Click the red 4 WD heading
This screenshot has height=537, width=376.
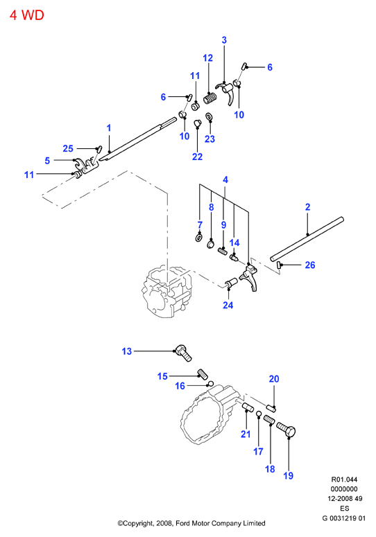(27, 15)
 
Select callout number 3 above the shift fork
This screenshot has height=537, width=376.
(224, 40)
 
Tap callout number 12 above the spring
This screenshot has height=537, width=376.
(207, 58)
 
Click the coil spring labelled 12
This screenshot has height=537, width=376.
(210, 98)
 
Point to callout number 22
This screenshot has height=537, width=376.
(197, 157)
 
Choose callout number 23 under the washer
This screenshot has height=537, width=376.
(210, 139)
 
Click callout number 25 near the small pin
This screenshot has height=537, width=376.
(68, 148)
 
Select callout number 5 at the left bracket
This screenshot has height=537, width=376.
(47, 161)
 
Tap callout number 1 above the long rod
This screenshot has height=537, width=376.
(109, 128)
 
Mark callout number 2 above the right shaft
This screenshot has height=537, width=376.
(307, 207)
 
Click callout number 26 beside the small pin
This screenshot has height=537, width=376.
(310, 265)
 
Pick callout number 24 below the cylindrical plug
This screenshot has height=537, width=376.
(228, 305)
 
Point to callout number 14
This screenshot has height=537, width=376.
(234, 243)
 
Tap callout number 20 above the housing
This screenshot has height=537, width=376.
(274, 379)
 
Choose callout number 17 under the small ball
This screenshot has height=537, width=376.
(258, 452)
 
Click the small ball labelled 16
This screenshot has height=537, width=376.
(212, 383)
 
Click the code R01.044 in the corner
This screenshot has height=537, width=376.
(344, 479)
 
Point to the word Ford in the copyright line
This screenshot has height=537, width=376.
(183, 523)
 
